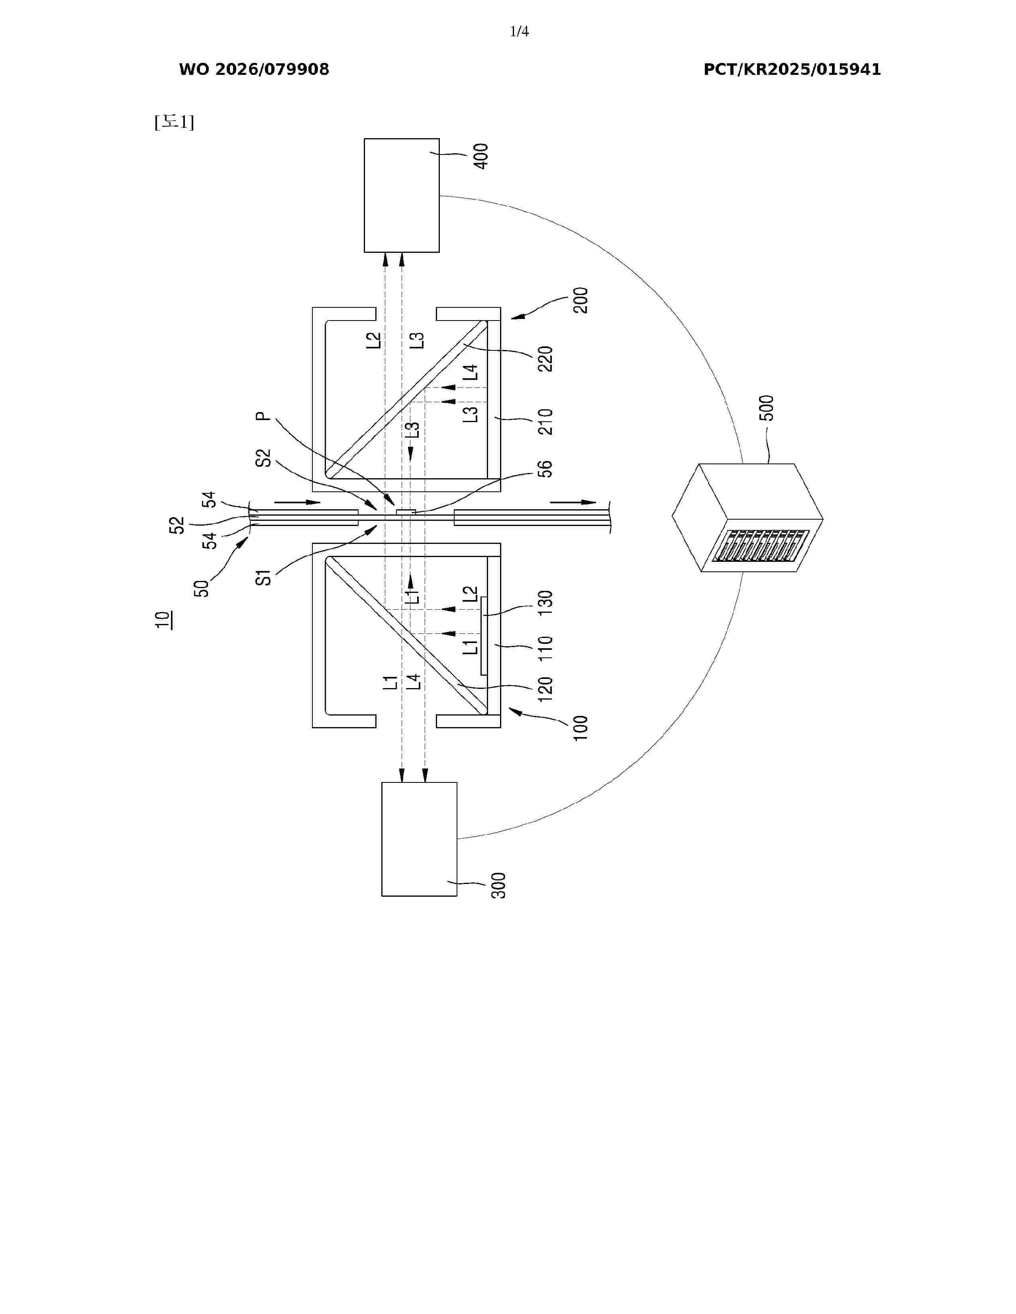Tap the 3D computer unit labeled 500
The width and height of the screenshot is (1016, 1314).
coord(747,517)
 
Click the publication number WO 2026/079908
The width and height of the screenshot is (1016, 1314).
coord(254,70)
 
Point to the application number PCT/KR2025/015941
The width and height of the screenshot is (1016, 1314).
coord(792,70)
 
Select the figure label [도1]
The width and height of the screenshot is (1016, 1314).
coord(174,122)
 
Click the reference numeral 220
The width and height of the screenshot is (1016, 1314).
coord(545,359)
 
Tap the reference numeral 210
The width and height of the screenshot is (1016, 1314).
coord(545,422)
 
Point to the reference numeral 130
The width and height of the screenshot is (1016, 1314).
coord(545,602)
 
